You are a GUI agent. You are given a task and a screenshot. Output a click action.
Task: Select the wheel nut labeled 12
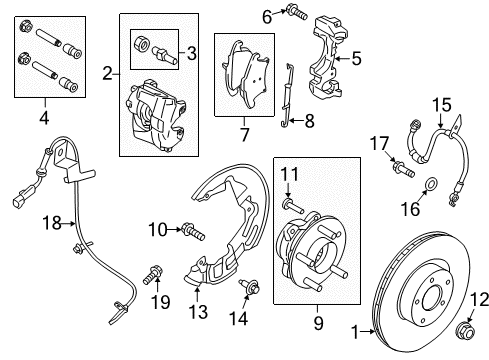[466, 330]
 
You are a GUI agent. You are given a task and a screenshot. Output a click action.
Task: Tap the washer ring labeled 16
[430, 183]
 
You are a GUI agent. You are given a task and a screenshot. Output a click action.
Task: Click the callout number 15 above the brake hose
[441, 104]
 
